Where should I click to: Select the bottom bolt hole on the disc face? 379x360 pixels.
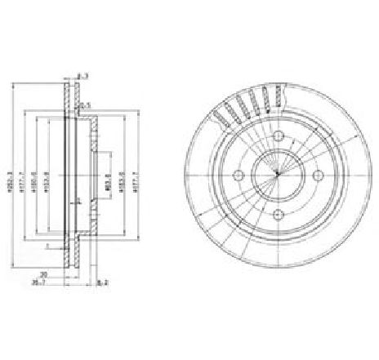(278, 214)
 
